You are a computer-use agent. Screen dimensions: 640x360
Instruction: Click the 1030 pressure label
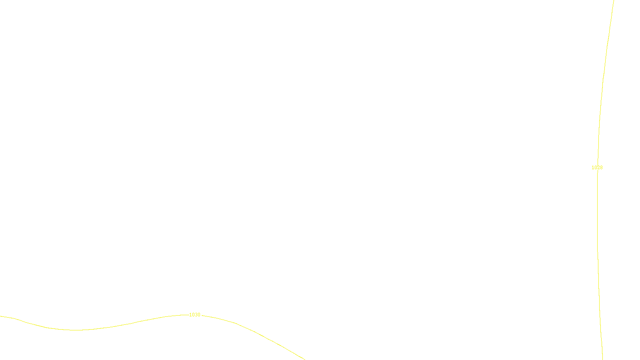click(195, 315)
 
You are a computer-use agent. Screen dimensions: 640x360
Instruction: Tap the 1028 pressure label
click(597, 168)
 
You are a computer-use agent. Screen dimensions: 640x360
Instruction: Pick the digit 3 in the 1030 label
click(196, 315)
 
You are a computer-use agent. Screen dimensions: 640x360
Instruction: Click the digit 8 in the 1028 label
click(601, 168)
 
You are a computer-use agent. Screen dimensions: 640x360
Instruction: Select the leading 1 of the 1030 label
click(190, 315)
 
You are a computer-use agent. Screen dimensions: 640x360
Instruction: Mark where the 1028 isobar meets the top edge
click(614, 1)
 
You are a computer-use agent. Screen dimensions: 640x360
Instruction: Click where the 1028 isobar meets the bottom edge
click(602, 359)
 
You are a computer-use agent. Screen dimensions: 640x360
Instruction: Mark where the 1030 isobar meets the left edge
click(1, 316)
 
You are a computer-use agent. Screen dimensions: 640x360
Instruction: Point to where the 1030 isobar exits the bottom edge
click(305, 359)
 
